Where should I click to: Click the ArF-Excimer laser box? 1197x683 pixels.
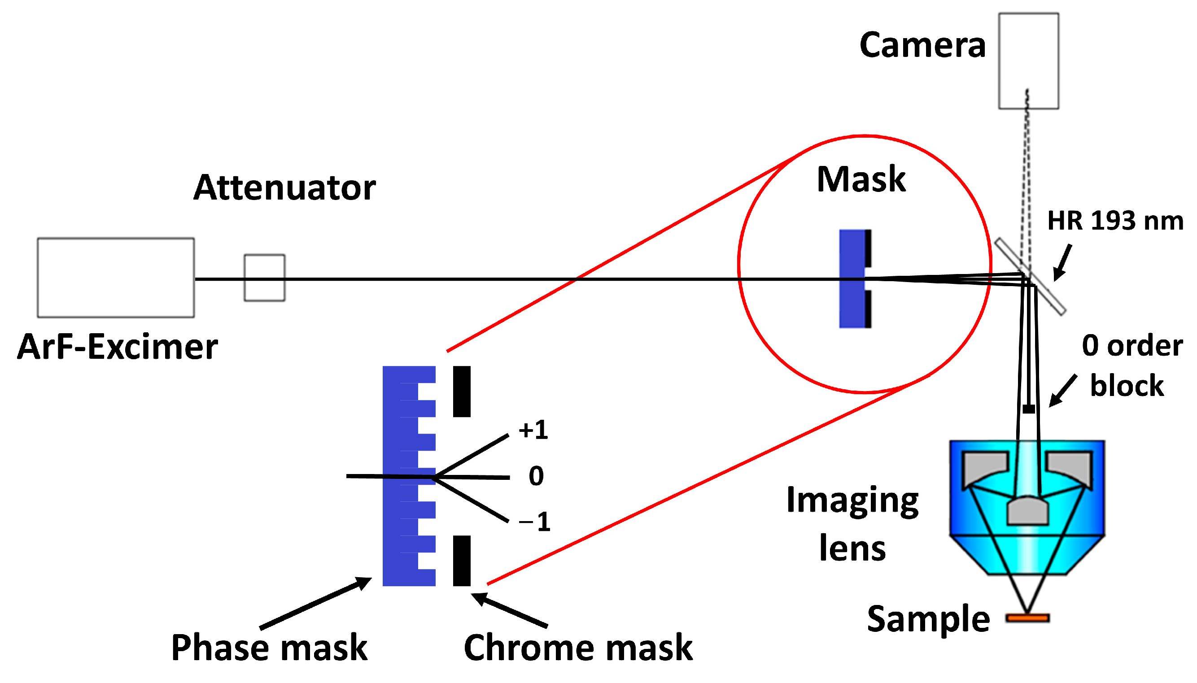tap(115, 278)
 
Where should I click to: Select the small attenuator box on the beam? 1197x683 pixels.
tap(264, 278)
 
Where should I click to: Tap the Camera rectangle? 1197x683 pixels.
tap(1028, 61)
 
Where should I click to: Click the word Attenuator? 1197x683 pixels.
tap(284, 187)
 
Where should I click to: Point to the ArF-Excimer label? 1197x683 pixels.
tap(117, 347)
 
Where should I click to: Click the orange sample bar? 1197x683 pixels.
tap(1027, 618)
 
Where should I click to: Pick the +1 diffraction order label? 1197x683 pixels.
tap(533, 430)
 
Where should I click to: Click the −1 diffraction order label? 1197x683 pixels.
tap(534, 522)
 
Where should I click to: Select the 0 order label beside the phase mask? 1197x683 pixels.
tap(536, 476)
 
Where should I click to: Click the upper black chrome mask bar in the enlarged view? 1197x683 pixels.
tap(461, 391)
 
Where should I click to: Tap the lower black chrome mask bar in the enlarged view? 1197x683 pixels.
tap(461, 561)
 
